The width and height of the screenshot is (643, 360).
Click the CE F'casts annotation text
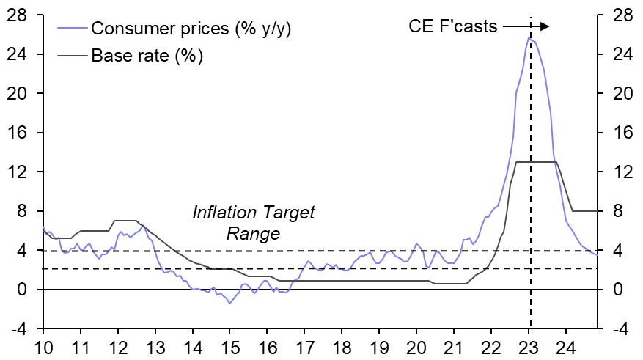[x=452, y=26]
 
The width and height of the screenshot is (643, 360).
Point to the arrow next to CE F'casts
[x=525, y=26]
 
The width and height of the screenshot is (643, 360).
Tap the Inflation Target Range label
[x=253, y=223]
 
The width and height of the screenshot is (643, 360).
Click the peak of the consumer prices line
[x=529, y=37]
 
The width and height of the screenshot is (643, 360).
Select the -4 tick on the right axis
[x=620, y=329]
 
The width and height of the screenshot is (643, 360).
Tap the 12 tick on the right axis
[x=620, y=172]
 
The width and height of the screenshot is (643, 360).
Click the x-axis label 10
[x=43, y=347]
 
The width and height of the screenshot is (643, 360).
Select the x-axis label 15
[x=230, y=347]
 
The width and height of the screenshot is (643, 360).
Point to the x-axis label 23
[x=529, y=347]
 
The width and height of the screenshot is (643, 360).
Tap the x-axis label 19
[x=380, y=347]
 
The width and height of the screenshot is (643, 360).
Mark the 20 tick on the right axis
[x=620, y=94]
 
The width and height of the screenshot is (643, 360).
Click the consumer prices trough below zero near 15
[x=229, y=303]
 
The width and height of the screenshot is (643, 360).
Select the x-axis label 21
[x=455, y=347]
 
